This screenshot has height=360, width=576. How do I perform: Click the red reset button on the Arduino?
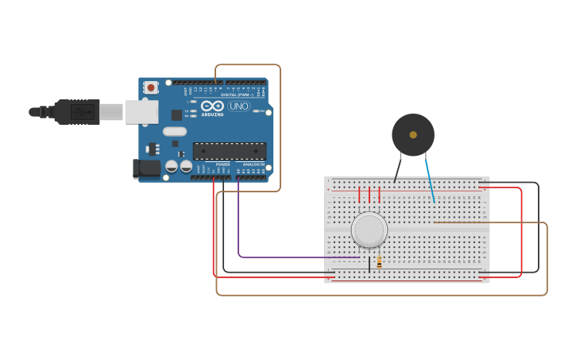point(150,87)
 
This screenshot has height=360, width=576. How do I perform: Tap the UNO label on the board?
point(239,106)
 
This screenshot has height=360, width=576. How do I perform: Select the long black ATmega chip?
point(229,150)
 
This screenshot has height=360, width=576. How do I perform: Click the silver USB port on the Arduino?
point(141,112)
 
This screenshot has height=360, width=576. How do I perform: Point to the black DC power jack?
point(146,168)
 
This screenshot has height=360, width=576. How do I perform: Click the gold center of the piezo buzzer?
point(413,135)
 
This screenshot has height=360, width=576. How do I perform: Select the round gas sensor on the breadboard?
point(369,229)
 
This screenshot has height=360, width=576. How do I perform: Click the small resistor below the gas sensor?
point(379,261)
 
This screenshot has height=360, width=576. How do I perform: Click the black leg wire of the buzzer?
point(397,169)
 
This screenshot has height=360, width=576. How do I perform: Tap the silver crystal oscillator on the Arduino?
point(175,131)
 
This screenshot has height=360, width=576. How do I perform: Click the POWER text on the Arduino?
point(222,164)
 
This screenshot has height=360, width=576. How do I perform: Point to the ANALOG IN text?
point(253,164)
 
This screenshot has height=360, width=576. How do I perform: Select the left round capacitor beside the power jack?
point(171,167)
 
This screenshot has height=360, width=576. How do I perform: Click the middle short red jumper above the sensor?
point(369,195)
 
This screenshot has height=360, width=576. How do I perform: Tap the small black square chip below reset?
point(176,115)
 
